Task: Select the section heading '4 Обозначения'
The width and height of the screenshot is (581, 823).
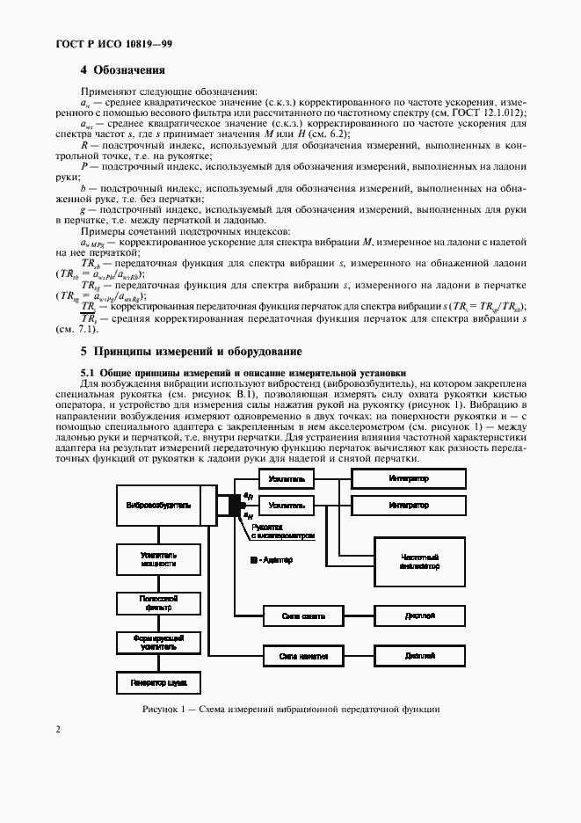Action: tap(123, 70)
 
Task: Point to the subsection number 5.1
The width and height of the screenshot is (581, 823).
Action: tap(88, 372)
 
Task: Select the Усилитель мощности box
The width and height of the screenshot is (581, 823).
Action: tap(158, 560)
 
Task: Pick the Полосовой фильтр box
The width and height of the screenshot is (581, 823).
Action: tap(158, 602)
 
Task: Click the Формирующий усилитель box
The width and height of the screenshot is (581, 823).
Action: tap(158, 642)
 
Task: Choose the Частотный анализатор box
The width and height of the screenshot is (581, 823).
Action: tap(419, 562)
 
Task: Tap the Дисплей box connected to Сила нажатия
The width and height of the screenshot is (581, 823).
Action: tap(419, 656)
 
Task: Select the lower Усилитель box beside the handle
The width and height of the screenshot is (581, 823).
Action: tap(288, 506)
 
